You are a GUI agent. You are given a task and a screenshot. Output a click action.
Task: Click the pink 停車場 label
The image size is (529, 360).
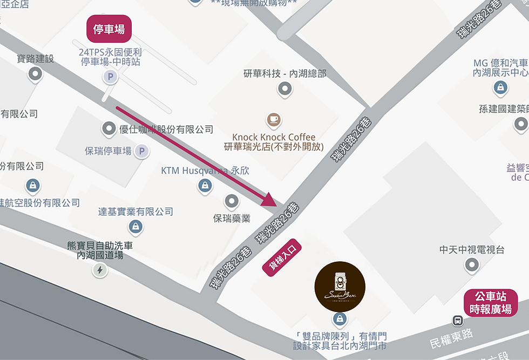point(109,29)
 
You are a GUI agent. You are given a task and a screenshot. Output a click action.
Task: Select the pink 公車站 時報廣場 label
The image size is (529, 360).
point(490,303)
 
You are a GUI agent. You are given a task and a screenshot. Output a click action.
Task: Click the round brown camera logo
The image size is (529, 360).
point(340,287)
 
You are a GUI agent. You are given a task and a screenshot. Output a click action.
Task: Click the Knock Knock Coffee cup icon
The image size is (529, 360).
point(274,119)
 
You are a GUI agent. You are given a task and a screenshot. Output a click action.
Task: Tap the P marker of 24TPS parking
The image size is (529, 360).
point(111,78)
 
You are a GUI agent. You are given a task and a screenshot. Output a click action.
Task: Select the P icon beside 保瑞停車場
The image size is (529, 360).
point(142,151)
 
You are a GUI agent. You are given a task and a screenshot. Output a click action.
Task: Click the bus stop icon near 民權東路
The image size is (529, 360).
point(457,320)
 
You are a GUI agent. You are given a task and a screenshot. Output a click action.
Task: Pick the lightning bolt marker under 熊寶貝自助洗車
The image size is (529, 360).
point(100,270)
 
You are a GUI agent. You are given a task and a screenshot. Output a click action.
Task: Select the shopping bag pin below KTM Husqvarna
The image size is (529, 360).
point(205,186)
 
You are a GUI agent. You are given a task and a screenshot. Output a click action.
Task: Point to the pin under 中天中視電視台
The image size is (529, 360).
point(472,265)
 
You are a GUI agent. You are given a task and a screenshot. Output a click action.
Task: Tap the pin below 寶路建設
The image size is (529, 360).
point(36,73)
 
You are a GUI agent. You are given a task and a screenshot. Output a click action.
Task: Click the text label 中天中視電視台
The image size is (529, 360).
point(472,249)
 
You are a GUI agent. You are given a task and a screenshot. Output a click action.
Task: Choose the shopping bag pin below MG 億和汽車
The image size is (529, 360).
point(500,87)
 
